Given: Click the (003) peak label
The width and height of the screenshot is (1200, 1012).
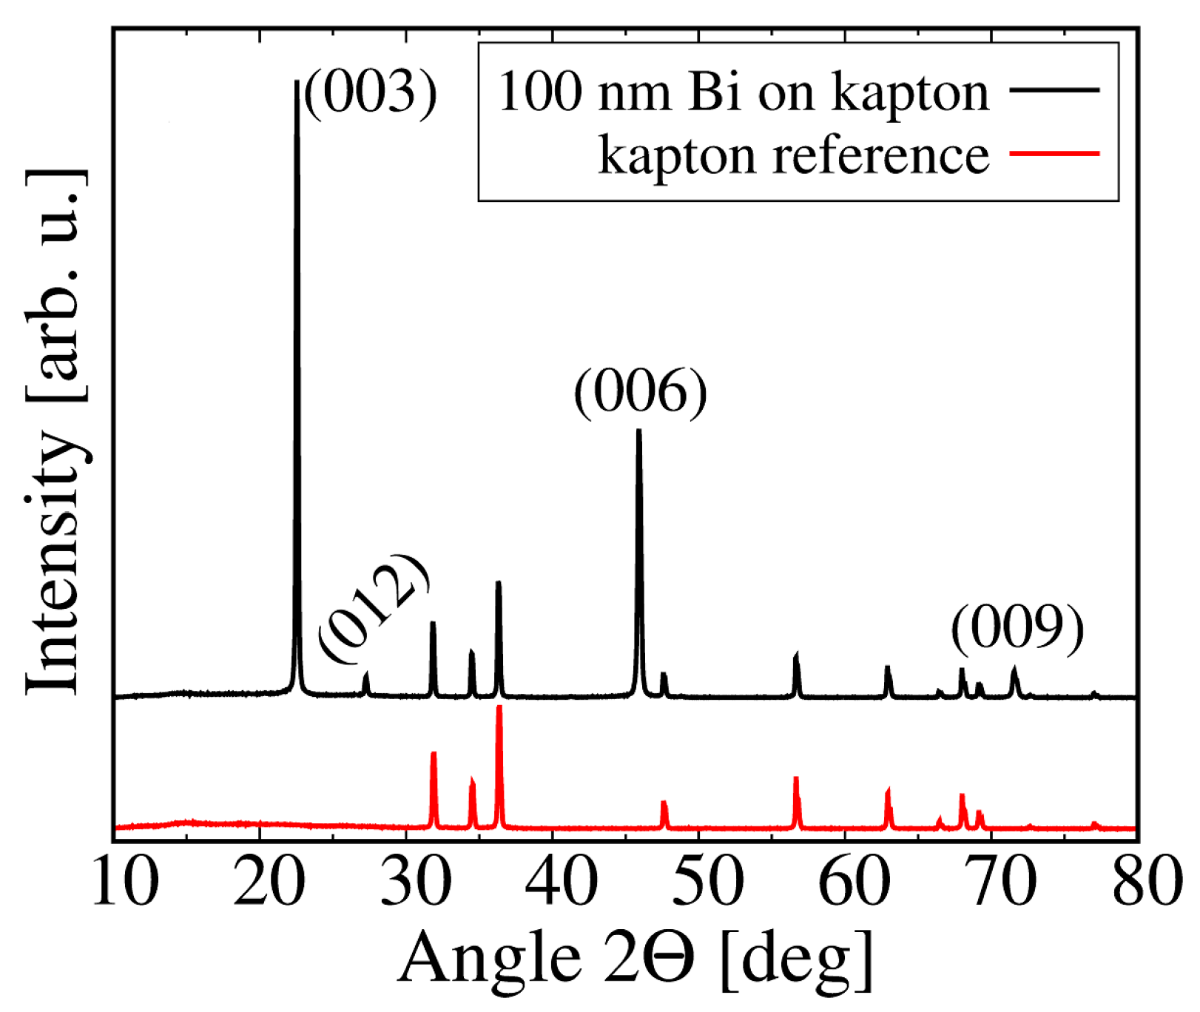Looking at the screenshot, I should pos(371,92).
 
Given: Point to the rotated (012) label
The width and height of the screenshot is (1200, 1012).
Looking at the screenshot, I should pos(374,608).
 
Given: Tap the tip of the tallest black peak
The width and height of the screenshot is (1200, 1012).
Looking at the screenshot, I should pos(297,81).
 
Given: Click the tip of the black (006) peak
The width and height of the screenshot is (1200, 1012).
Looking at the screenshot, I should pos(639,431).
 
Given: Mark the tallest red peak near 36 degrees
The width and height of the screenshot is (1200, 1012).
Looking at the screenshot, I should pos(499,708).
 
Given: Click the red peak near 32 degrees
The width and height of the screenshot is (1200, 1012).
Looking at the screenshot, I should pos(434,753).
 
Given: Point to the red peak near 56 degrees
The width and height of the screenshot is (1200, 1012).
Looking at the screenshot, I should pos(796,778).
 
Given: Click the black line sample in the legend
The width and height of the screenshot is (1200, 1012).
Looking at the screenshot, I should pos(1054,90).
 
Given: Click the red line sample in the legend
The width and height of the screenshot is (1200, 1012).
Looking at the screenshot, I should pos(1054,154).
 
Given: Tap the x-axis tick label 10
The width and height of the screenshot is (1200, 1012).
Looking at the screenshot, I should pos(124,882).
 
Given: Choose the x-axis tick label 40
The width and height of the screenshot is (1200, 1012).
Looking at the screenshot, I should pos(561,882).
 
